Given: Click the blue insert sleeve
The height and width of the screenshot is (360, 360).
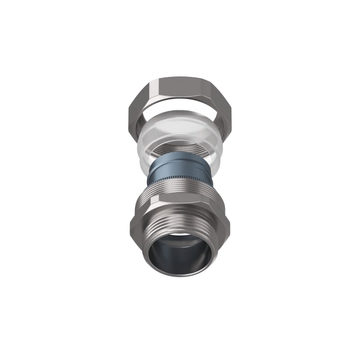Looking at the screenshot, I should coord(180,169).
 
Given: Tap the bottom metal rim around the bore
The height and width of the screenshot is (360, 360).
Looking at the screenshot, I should coord(180,274).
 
